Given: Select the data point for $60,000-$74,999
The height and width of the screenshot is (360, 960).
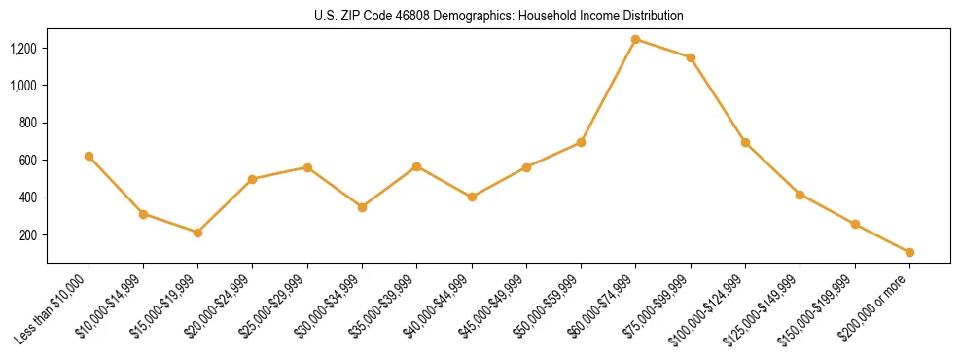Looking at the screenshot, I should pos(636,40).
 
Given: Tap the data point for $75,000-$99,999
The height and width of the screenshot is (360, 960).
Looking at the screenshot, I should pos(691,58).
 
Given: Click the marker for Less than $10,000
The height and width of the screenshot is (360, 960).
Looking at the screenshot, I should pos(89,156).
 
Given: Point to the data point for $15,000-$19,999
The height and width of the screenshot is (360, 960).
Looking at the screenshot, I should pos(198,233).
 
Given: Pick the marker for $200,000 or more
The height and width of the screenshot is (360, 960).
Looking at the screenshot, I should pos(909,252).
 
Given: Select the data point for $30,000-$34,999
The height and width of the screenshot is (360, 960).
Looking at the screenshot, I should pos(363,207).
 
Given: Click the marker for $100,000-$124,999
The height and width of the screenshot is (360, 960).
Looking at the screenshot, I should pos(745,143).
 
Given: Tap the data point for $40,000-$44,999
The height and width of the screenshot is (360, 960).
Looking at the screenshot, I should pos(472,197).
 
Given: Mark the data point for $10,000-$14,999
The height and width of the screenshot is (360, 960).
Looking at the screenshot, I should pos(144,214).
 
